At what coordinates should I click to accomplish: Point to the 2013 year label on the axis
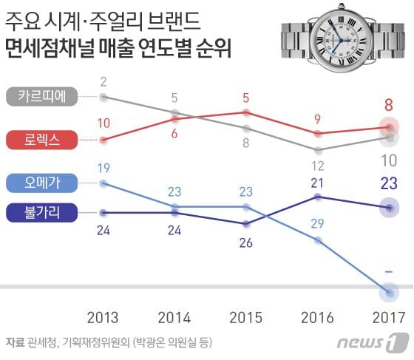pyautogui.click(x=103, y=318)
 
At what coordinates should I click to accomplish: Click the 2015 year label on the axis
pyautogui.click(x=246, y=318)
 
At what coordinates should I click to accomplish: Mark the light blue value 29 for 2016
pyautogui.click(x=318, y=223)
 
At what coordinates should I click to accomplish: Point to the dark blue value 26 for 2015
pyautogui.click(x=246, y=242)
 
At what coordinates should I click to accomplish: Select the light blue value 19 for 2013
pyautogui.click(x=103, y=167)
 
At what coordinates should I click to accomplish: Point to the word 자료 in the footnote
pyautogui.click(x=15, y=342)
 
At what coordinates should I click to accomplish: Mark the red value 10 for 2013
pyautogui.click(x=103, y=123)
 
